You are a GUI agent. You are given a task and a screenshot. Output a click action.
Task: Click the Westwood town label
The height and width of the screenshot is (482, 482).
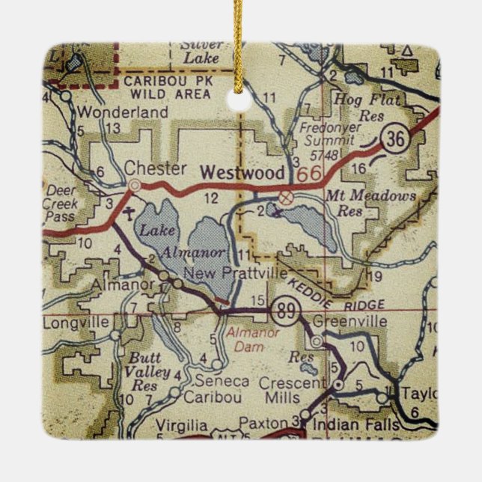(x=241, y=171)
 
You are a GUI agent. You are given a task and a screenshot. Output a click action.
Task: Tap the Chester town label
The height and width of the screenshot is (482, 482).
(x=156, y=168)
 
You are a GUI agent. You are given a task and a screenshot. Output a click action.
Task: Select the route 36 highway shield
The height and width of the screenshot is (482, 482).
(x=394, y=138)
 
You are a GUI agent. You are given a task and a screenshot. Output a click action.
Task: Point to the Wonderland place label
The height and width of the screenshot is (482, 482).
(x=113, y=112)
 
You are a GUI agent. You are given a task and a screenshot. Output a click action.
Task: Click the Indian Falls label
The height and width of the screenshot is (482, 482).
(x=353, y=424)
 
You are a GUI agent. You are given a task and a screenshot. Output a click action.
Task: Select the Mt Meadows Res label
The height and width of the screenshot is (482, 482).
(x=360, y=203)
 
